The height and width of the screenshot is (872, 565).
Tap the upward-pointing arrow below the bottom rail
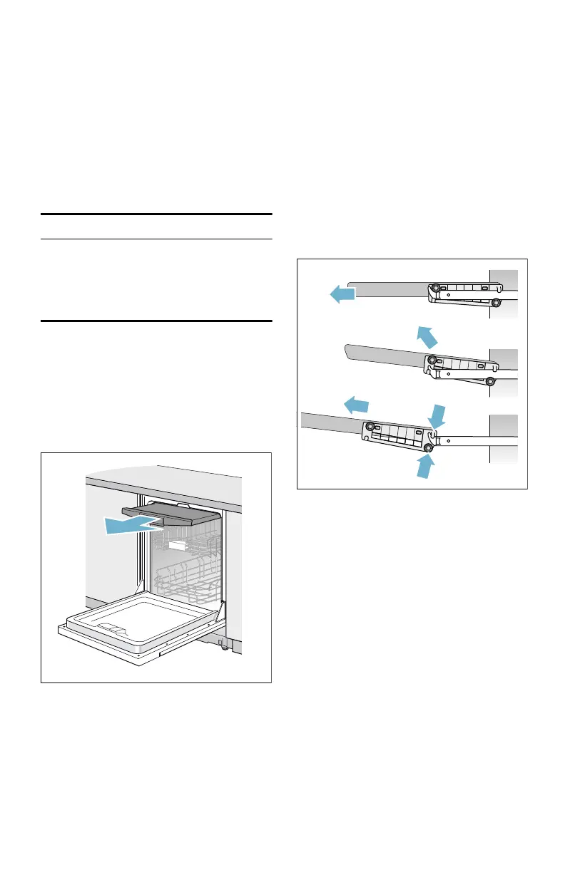(425, 465)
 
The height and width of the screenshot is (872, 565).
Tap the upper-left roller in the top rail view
(434, 289)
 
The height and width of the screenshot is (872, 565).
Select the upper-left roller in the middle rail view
(431, 360)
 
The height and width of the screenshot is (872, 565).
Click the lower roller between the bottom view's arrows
(429, 448)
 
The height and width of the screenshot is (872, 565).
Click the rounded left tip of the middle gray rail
(347, 351)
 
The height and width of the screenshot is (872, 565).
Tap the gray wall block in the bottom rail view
(503, 423)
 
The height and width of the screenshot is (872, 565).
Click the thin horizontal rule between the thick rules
(156, 239)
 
